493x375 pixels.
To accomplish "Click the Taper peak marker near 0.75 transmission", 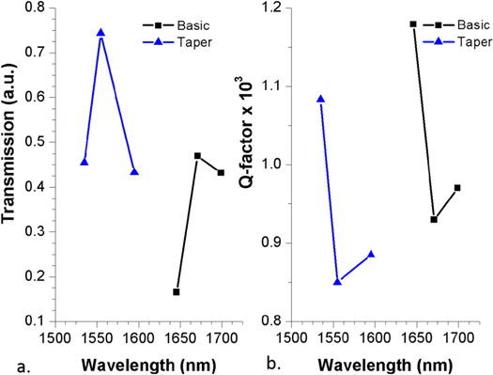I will pyautogui.click(x=100, y=33).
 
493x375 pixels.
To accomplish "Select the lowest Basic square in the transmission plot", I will pyautogui.click(x=176, y=292).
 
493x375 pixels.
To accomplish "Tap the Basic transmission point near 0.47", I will pyautogui.click(x=197, y=156).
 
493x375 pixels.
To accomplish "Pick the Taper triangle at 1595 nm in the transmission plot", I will pyautogui.click(x=134, y=172).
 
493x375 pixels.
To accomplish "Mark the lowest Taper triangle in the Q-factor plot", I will pyautogui.click(x=338, y=281).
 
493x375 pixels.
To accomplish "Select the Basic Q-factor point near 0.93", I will pyautogui.click(x=434, y=219).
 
